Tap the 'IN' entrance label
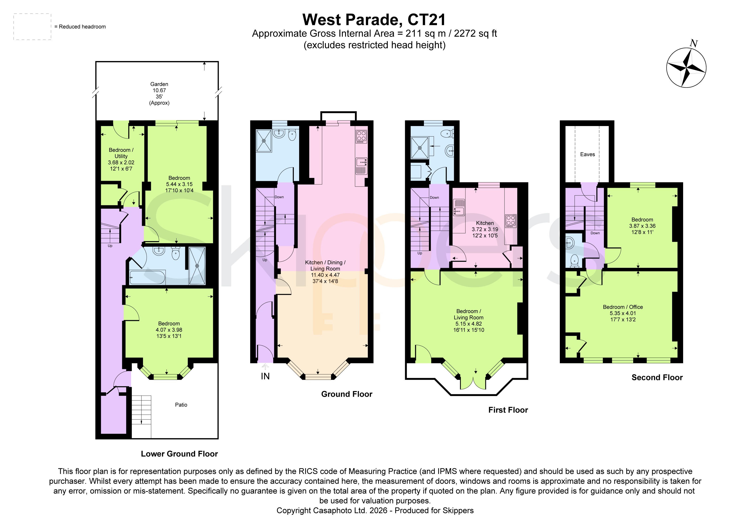265,376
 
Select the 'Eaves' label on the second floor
587,154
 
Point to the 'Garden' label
159,84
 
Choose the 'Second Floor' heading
657,377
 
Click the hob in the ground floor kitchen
361,137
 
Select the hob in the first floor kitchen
511,221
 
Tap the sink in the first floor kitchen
459,208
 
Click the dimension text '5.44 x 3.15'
179,184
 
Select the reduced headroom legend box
32,27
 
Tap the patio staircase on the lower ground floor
141,417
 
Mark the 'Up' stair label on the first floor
420,253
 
